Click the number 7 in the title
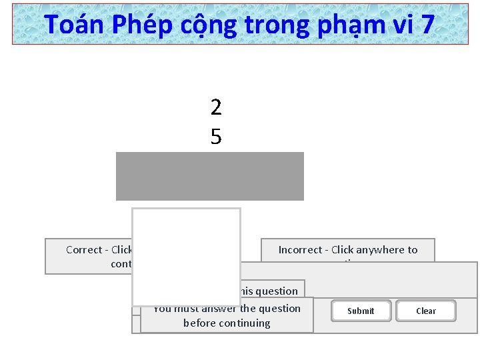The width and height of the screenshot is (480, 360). coord(427,25)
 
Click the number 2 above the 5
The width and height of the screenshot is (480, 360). coord(215,107)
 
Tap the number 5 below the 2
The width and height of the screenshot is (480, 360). coord(215,137)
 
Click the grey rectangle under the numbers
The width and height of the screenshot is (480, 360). coord(209,176)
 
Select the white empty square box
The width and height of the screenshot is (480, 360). coord(186,257)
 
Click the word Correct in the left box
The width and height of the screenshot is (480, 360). coord(84,250)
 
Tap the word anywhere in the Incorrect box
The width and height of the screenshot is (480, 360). coord(379,250)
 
